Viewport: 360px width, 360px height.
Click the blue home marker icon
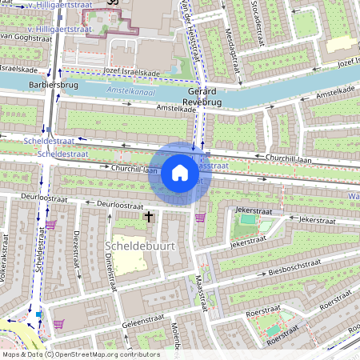(x=180, y=173)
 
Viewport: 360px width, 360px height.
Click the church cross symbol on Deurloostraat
(x=148, y=217)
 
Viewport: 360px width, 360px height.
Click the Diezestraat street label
(x=77, y=247)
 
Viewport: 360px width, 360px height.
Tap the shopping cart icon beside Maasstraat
(x=200, y=216)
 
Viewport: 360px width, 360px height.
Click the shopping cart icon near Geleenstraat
(x=58, y=325)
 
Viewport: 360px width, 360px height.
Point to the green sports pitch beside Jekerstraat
(x=250, y=218)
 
